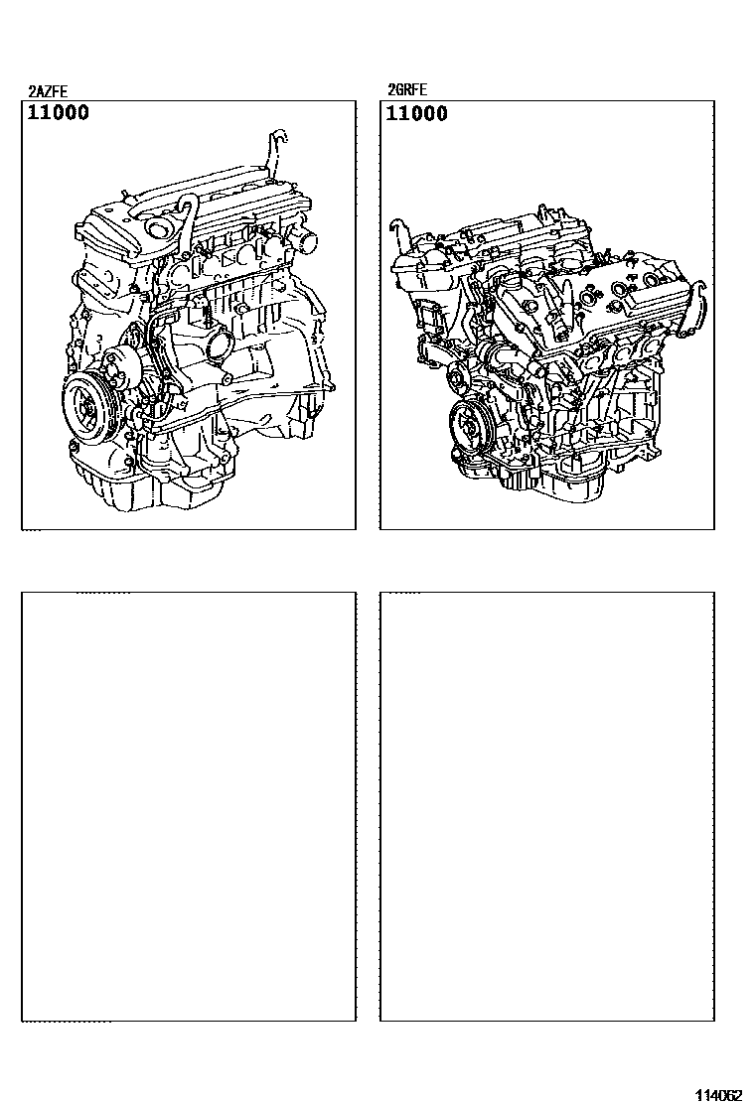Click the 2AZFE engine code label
48,91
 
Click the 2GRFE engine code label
407,90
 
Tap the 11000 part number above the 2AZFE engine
59,112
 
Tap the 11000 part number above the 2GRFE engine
417,113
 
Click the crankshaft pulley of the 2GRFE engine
468,427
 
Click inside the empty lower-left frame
188,806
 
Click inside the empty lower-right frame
547,806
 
